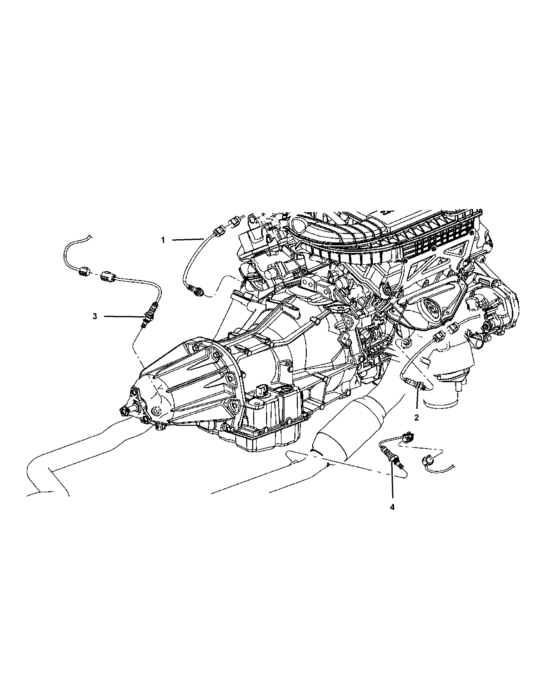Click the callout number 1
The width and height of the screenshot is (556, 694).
(163, 240)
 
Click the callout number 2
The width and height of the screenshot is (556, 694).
(417, 418)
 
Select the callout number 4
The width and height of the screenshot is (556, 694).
(392, 516)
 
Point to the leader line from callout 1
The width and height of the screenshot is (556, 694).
(188, 239)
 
